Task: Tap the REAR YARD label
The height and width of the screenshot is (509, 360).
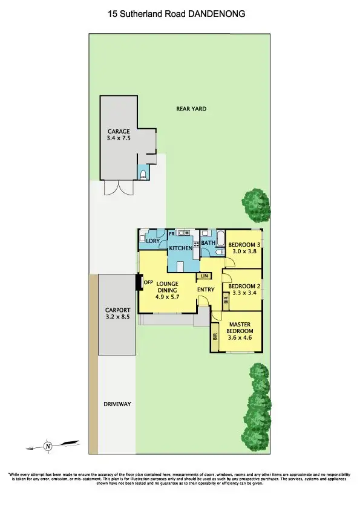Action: (x=191, y=109)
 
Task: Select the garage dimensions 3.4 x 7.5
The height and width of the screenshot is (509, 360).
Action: (x=119, y=138)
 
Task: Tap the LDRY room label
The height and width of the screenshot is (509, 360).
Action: (x=152, y=242)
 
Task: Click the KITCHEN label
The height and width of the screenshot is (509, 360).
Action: (x=180, y=248)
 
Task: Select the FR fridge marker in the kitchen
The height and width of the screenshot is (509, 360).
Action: (x=172, y=233)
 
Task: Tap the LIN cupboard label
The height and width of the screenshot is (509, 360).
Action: (x=205, y=276)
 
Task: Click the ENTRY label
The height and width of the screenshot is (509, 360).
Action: (x=206, y=290)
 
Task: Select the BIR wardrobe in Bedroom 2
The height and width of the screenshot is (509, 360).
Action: (x=226, y=299)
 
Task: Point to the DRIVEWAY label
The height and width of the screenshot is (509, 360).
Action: (x=117, y=404)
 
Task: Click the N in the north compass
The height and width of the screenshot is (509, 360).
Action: (x=48, y=447)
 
